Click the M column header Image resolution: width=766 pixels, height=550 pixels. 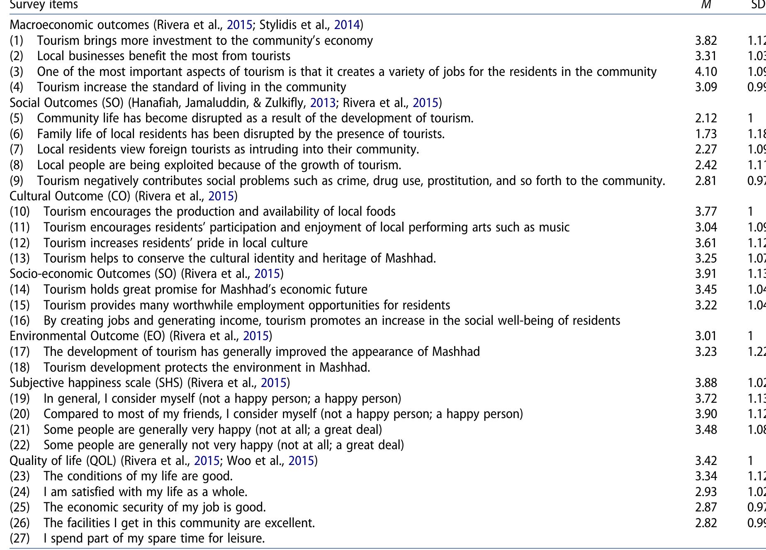706,5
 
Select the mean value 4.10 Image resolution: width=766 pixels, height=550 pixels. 706,72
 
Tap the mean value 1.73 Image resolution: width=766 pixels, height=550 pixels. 706,134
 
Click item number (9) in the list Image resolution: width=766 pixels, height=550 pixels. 17,181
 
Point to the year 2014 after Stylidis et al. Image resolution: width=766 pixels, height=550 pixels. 347,25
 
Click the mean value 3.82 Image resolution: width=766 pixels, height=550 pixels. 706,41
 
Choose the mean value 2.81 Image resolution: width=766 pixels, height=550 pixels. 706,181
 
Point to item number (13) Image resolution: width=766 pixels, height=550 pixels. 20,258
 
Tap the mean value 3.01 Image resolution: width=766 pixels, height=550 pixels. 706,336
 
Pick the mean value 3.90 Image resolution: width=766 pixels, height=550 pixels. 706,414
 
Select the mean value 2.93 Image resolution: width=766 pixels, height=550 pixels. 706,492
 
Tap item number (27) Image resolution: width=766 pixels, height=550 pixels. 20,538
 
